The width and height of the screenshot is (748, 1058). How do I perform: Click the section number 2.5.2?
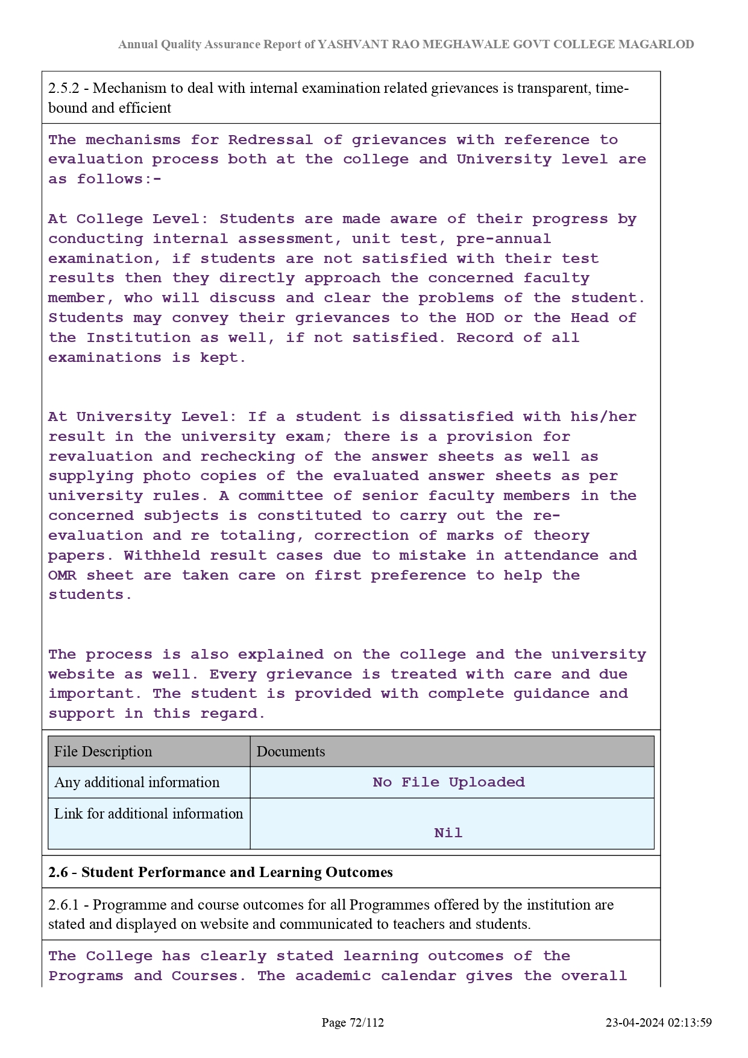63,89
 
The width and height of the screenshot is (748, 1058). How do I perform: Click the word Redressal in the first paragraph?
270,140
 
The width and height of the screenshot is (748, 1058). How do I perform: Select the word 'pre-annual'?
503,239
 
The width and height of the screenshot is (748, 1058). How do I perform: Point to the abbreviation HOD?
480,318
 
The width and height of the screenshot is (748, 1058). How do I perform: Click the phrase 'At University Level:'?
143,417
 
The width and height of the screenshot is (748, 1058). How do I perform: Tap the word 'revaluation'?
100,457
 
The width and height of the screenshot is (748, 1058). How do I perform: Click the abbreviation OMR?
62,575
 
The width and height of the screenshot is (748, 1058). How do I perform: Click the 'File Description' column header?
103,752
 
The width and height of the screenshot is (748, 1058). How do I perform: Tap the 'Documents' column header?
291,752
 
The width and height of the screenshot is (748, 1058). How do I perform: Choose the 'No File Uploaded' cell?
448,782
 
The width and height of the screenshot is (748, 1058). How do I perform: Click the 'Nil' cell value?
448,833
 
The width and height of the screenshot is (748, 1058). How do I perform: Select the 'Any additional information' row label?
137,782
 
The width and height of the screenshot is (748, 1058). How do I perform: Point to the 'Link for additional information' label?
148,814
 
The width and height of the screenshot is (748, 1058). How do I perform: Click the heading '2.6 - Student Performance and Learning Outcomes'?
220,872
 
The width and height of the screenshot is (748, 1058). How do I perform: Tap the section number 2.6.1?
63,905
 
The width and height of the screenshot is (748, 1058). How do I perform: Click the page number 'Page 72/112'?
353,1022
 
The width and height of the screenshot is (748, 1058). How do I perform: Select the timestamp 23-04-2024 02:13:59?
659,1022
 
